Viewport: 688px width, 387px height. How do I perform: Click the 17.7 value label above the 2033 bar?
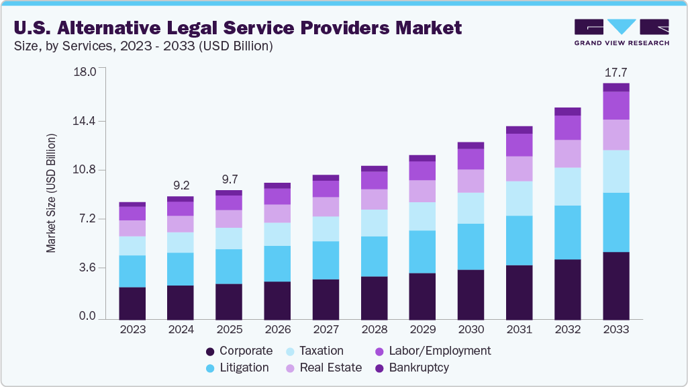click(x=616, y=72)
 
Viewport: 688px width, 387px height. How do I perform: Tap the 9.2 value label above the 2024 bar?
click(x=181, y=185)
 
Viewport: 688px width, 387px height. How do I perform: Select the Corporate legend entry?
click(x=240, y=351)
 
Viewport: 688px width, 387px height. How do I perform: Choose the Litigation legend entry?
click(x=237, y=368)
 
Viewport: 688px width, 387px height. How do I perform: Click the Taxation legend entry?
click(x=315, y=351)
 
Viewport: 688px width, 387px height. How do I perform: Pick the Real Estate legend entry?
click(x=324, y=368)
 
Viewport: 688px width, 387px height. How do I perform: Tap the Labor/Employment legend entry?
click(x=433, y=351)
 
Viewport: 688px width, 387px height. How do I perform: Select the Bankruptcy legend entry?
click(x=412, y=368)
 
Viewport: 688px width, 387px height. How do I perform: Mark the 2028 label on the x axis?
click(x=374, y=330)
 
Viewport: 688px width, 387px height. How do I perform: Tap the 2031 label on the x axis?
click(x=519, y=330)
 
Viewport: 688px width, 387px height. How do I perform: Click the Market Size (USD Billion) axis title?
click(x=51, y=193)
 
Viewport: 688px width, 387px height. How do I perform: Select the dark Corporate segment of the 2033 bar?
click(x=616, y=286)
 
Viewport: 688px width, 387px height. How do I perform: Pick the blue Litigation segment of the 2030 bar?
click(x=471, y=247)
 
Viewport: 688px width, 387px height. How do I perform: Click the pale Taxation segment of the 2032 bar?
click(x=567, y=186)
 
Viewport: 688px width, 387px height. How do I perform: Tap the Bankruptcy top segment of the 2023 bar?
click(x=132, y=204)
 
